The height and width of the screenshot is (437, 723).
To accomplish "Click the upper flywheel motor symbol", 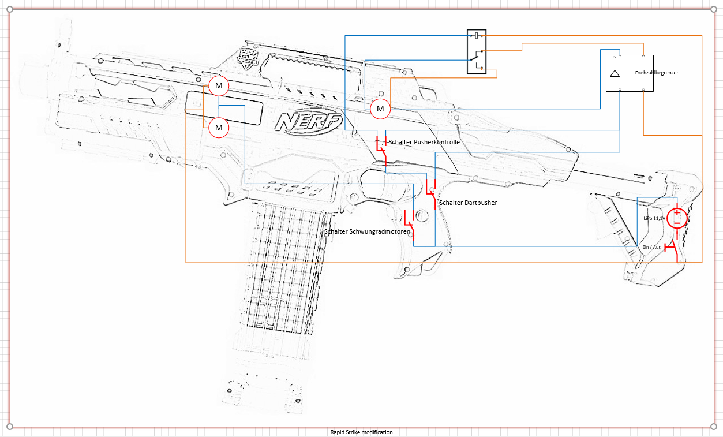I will click(x=219, y=86).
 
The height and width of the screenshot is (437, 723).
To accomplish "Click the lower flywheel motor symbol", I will click(x=219, y=127).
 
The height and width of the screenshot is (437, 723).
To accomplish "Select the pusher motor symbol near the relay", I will click(x=380, y=108).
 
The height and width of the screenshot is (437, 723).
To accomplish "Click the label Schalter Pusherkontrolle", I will click(x=424, y=142).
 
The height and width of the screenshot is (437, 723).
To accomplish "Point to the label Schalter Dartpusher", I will click(x=468, y=203).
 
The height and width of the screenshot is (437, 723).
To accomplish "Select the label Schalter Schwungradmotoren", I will click(x=368, y=231).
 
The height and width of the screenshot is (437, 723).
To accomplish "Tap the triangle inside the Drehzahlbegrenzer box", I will click(x=615, y=73).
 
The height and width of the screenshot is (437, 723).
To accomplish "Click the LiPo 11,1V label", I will click(x=654, y=219).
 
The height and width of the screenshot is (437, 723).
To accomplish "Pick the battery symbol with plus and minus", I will click(x=677, y=218).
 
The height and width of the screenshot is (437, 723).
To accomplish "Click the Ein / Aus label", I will click(x=651, y=247).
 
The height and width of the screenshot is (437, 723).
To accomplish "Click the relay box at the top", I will click(x=477, y=52).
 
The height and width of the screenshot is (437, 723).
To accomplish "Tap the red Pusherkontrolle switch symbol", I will click(x=381, y=148).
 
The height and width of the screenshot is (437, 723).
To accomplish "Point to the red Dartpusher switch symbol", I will click(x=431, y=194).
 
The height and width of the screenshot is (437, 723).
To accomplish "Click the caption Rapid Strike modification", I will click(x=361, y=432).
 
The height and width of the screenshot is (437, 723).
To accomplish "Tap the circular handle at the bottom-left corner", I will click(x=9, y=427).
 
